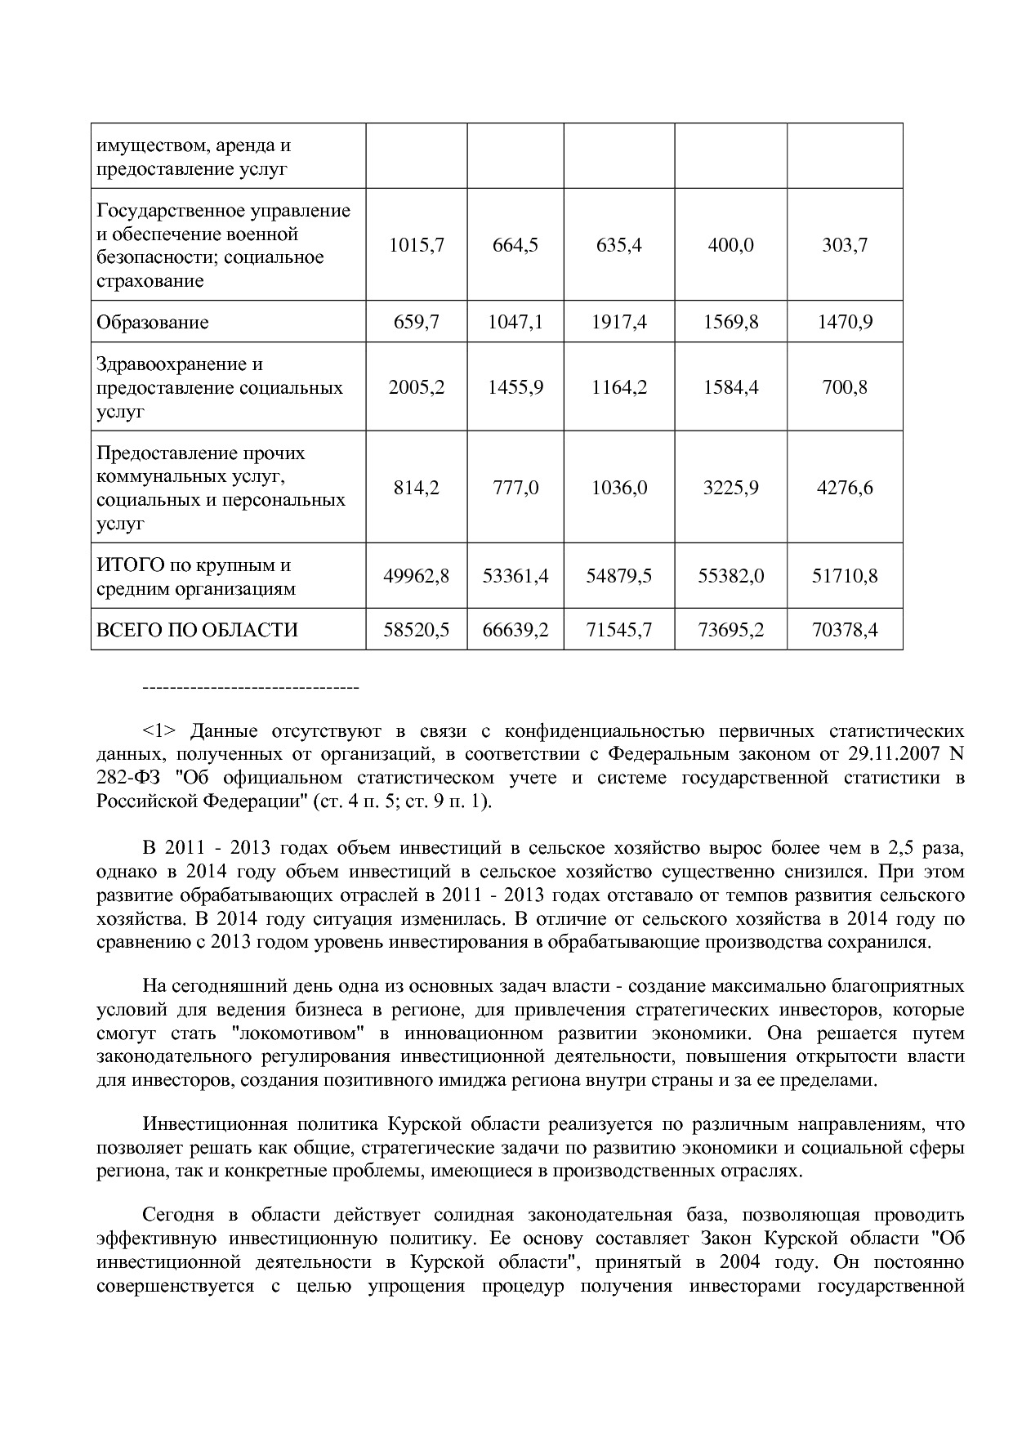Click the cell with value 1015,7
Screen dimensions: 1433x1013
[x=416, y=245]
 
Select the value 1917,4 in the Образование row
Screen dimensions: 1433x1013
[x=618, y=322]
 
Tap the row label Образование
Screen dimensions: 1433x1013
[x=153, y=322]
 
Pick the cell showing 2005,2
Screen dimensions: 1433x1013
[x=416, y=387]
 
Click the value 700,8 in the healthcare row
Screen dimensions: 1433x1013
[x=845, y=387]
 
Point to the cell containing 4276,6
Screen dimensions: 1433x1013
[x=845, y=488]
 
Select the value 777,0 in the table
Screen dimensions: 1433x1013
[x=515, y=488]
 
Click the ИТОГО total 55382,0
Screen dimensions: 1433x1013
[x=730, y=576]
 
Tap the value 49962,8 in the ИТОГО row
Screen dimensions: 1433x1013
[x=416, y=576]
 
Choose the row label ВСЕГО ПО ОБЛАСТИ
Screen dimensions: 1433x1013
[x=197, y=630]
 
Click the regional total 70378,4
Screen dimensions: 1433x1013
[x=845, y=630]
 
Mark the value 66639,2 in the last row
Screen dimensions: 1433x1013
[x=515, y=630]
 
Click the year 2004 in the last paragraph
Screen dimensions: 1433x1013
[x=740, y=1261]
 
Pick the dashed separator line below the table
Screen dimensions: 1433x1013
[x=251, y=688]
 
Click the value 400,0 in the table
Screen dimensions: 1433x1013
[x=730, y=245]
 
